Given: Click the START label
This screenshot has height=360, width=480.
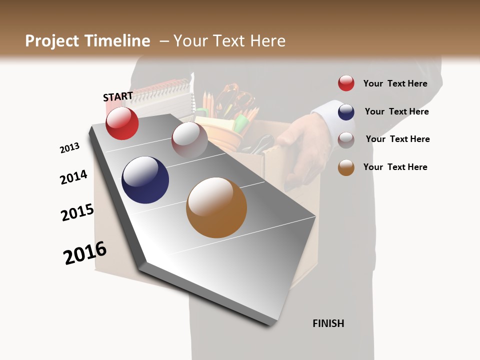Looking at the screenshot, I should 118,96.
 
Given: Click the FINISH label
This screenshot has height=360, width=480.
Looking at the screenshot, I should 328,323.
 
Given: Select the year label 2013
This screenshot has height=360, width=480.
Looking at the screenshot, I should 69,148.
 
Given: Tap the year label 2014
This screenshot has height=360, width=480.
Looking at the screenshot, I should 73,177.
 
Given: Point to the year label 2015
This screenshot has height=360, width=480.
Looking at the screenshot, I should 77,212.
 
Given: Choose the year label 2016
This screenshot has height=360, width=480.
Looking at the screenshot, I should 85,252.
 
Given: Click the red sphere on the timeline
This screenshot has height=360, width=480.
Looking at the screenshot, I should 122,123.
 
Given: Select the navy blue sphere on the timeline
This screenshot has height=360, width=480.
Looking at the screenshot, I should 145,180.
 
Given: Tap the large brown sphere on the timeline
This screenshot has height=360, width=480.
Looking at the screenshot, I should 216,207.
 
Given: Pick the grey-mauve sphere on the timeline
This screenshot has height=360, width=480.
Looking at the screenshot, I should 189,139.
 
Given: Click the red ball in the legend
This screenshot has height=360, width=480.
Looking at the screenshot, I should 346,83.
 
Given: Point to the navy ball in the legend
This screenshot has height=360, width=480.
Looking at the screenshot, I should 346,112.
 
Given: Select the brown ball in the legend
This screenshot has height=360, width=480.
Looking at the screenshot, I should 346,167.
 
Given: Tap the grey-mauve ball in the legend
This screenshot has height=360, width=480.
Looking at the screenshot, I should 346,140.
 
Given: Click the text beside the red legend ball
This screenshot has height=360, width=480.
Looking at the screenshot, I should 395,83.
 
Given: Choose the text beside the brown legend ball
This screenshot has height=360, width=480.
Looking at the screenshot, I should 395,167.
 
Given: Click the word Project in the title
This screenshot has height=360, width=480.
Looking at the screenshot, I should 52,41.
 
